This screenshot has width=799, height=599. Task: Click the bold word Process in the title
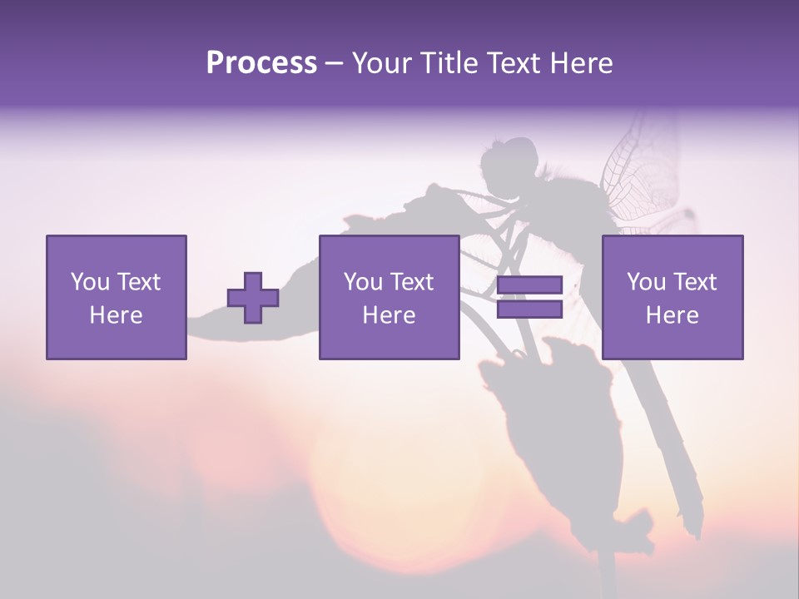(261, 63)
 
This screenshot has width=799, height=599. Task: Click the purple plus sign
(253, 298)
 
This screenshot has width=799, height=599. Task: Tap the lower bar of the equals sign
(529, 309)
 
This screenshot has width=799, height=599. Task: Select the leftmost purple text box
(116, 297)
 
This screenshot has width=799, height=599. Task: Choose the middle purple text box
(389, 297)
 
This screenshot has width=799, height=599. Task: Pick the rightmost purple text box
(672, 297)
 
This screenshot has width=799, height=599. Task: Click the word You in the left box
(89, 282)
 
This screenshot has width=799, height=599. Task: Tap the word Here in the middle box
(389, 315)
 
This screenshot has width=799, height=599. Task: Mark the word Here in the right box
(672, 315)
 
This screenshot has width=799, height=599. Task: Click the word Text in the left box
(139, 282)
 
